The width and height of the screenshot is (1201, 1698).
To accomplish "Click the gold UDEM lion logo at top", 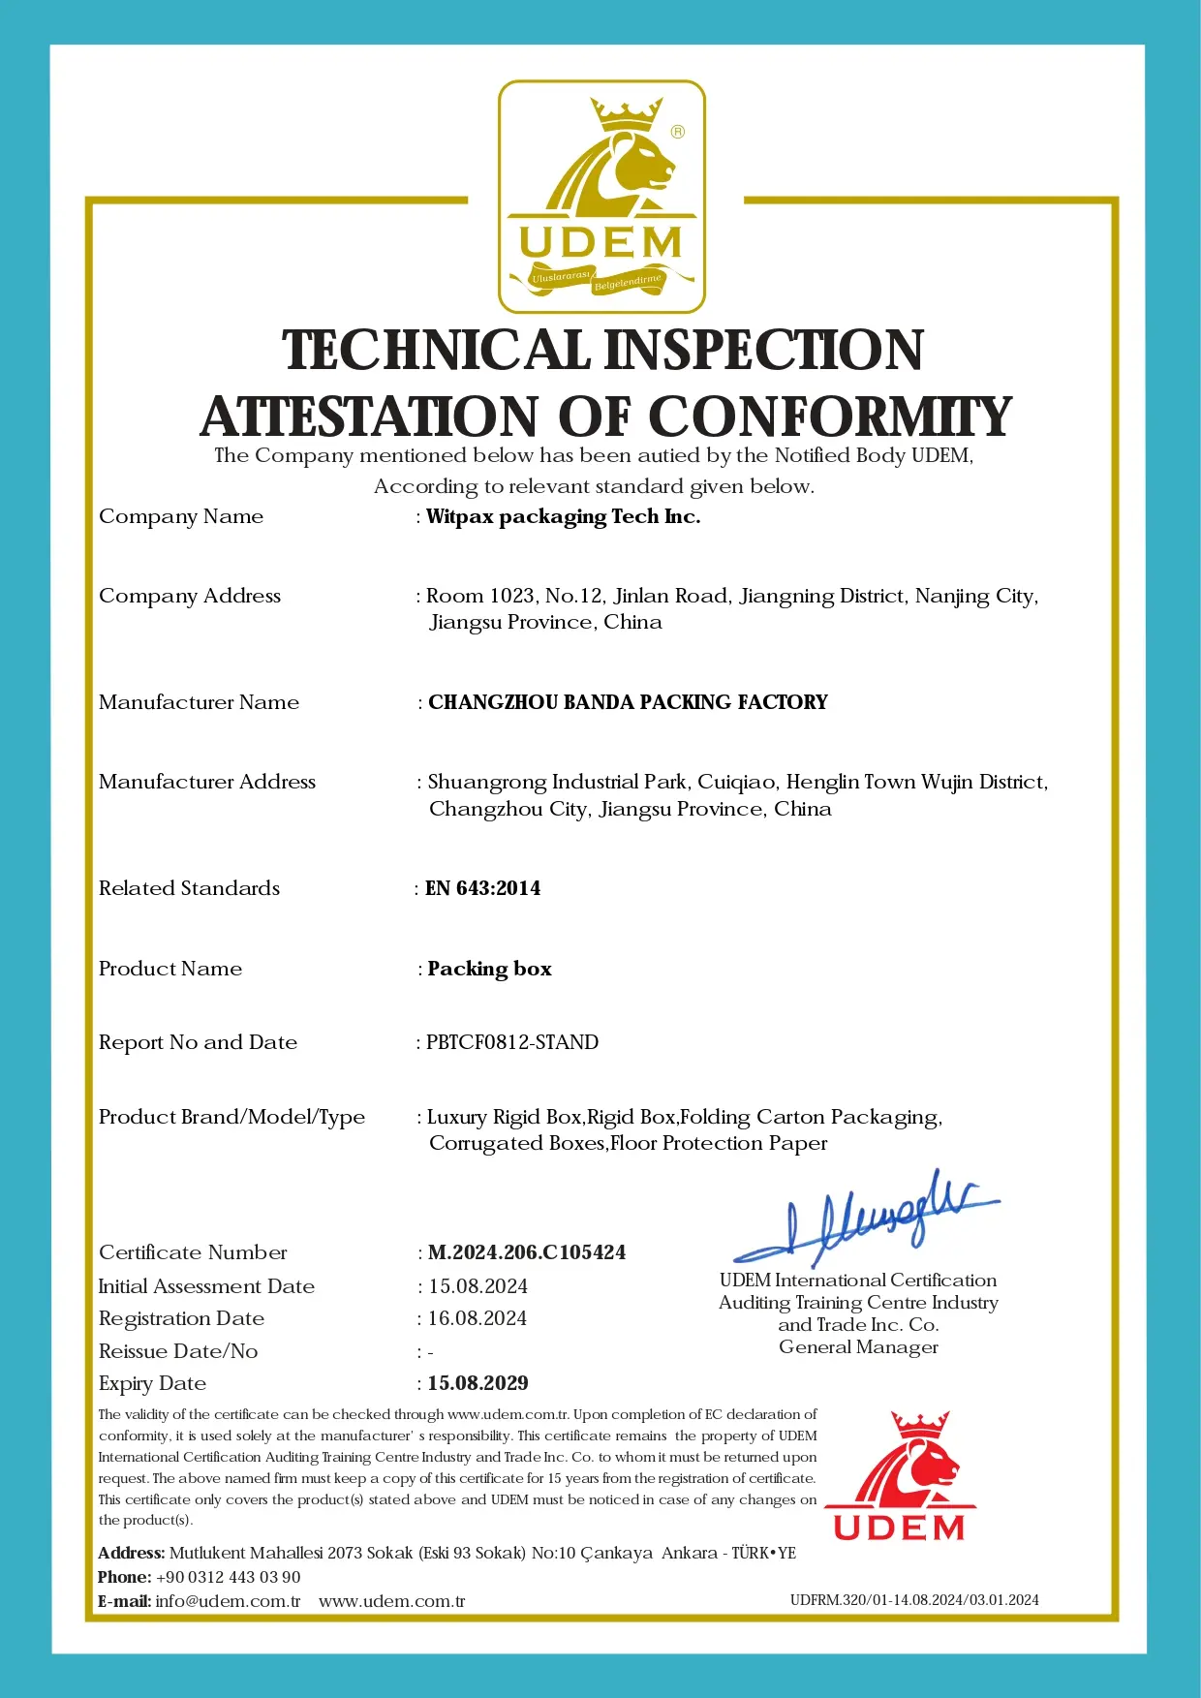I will tap(601, 197).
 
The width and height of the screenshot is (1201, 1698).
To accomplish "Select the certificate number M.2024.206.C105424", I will tap(527, 1252).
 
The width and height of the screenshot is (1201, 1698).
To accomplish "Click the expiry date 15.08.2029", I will tap(478, 1383).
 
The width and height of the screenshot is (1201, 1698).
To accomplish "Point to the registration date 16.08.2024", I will tap(477, 1318).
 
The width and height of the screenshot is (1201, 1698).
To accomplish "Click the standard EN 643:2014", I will tap(483, 888).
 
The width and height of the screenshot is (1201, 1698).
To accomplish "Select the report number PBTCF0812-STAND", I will tap(512, 1042).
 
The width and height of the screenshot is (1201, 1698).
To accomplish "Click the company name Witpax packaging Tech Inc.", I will tap(563, 517).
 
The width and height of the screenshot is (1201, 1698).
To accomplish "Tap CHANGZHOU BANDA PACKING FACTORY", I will tap(628, 702).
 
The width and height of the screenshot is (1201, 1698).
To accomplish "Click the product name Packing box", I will tap(490, 969).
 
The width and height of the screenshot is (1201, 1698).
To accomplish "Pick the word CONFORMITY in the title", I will tap(830, 417).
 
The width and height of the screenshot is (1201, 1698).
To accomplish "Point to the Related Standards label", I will tap(189, 888).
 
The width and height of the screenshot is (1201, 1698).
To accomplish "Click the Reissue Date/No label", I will tap(178, 1351).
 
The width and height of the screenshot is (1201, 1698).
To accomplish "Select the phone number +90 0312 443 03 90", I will tap(229, 1577).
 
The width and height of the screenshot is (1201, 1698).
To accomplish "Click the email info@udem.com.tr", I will tap(228, 1601).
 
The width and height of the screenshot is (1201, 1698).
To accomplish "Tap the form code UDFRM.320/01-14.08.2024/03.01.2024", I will tap(914, 1600).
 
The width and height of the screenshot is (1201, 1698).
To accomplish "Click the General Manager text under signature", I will tap(858, 1347).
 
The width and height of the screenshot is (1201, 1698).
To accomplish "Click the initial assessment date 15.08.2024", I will tap(478, 1286).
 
